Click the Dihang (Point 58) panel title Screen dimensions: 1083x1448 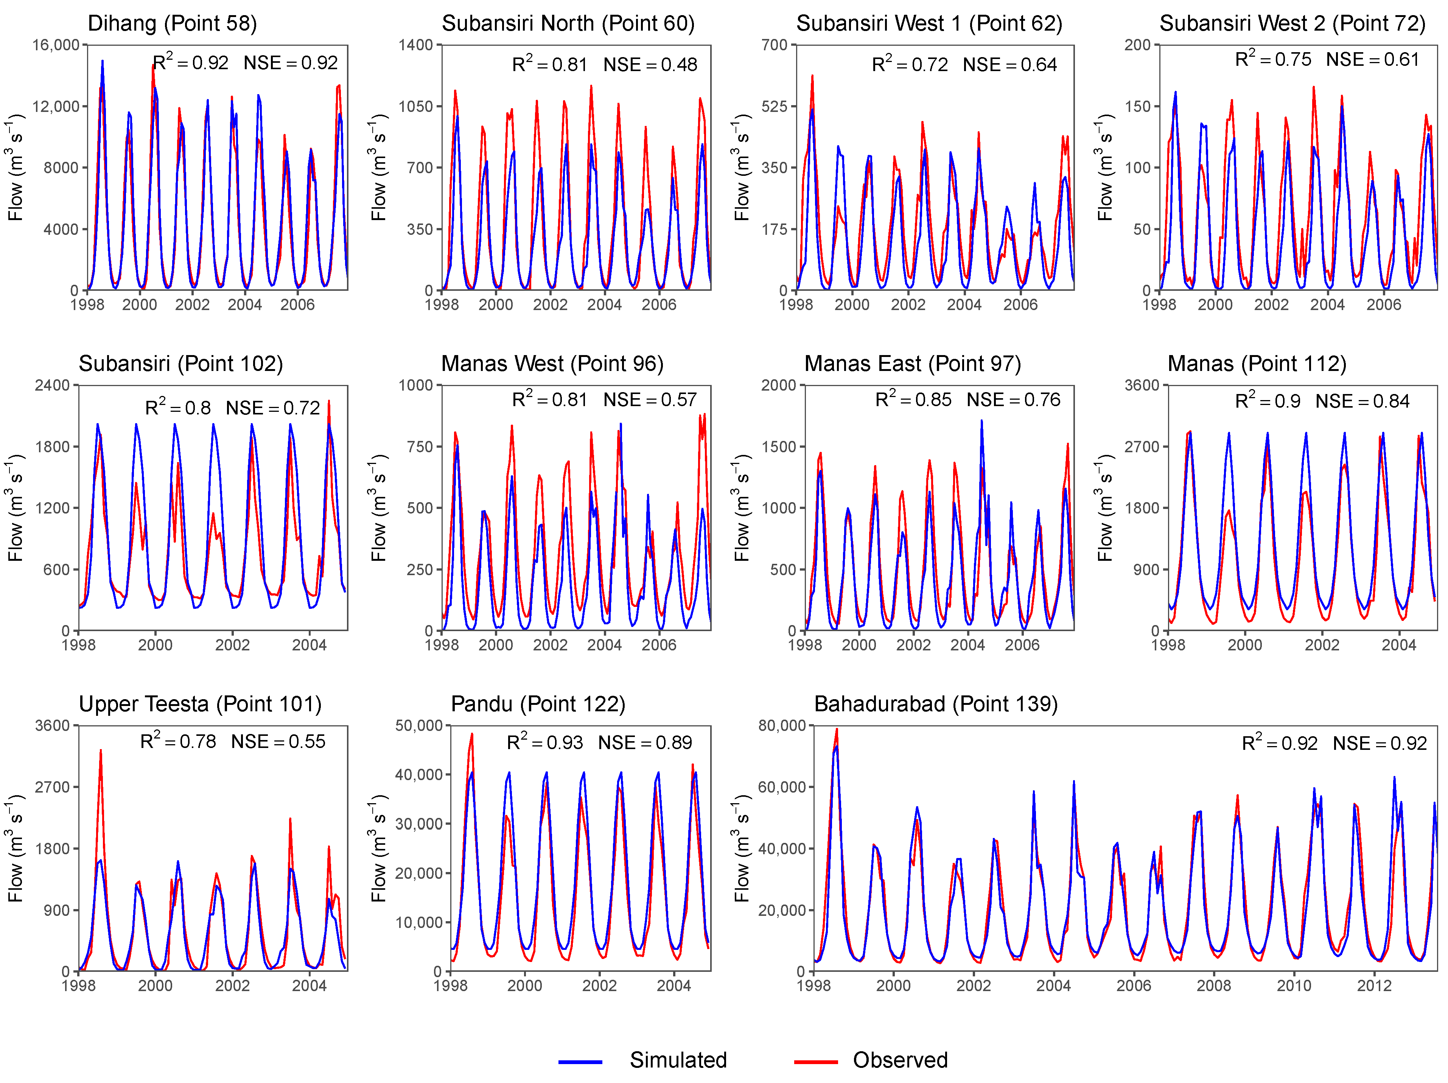[x=172, y=23]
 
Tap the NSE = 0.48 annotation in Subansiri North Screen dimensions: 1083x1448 [x=650, y=65]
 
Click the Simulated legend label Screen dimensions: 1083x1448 [x=678, y=1060]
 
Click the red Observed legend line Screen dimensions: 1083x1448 [x=816, y=1061]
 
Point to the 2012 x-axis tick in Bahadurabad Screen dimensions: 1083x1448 [x=1374, y=985]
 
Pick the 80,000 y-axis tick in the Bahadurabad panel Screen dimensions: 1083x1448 [x=782, y=726]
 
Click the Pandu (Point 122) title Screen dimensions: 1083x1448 [x=538, y=704]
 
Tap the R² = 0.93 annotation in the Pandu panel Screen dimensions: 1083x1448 [x=544, y=743]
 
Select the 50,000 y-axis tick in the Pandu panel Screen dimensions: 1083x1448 [x=419, y=726]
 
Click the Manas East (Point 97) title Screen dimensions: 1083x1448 [x=913, y=364]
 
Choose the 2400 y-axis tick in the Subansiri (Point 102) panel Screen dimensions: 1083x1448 [x=52, y=385]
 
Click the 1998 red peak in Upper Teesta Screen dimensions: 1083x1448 [x=101, y=751]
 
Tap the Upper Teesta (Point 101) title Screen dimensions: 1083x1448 [x=200, y=704]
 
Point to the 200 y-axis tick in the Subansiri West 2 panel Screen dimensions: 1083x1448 [x=1138, y=45]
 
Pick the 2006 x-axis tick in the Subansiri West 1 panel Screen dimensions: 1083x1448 [x=1020, y=305]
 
